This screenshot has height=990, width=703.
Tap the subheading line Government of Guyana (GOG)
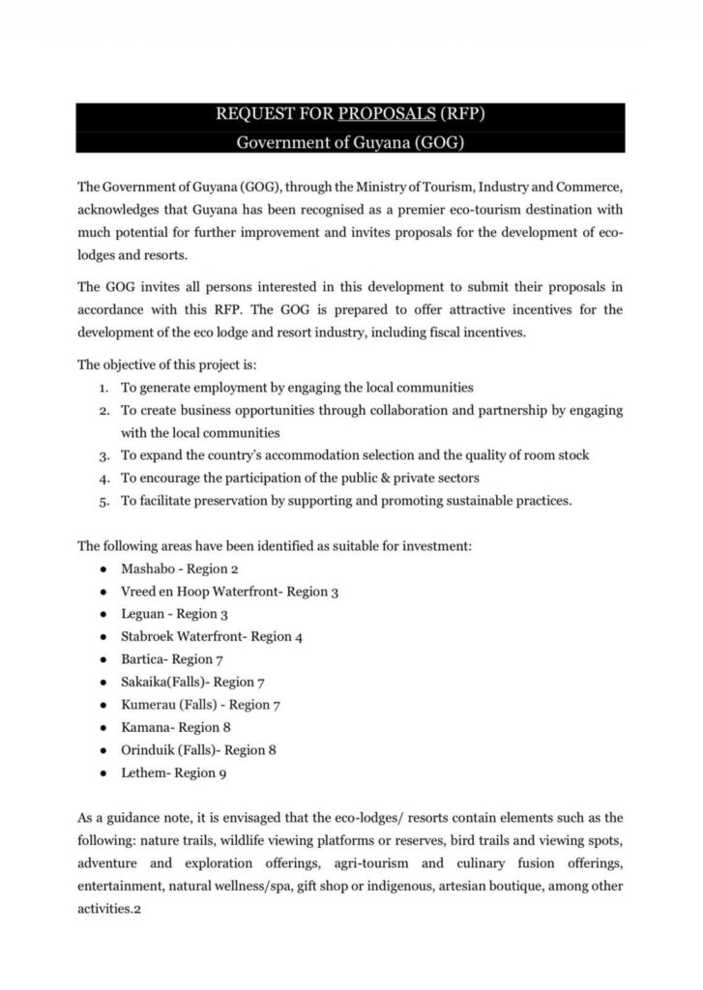coord(351,142)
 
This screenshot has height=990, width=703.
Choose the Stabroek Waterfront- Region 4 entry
coord(213,636)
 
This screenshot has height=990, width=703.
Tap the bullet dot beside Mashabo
coord(103,568)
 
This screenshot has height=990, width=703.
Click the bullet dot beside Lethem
coord(103,772)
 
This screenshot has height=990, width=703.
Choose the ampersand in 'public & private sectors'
coord(394,478)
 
